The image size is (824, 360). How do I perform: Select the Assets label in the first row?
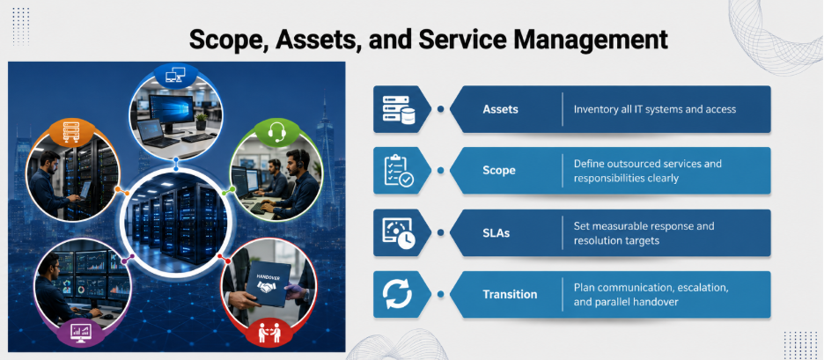[500, 109]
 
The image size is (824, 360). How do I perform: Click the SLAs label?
[497, 232]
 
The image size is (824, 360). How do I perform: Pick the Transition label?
[510, 294]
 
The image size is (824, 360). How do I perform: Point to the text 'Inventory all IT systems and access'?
[654, 109]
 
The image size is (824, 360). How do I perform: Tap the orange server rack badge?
[71, 132]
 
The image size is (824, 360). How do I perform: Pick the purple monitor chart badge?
[81, 332]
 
